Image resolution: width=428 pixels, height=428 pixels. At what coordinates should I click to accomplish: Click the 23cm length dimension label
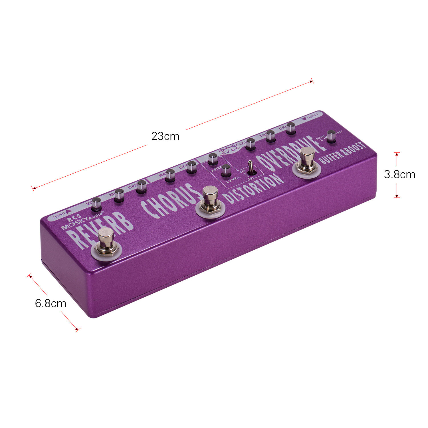(165, 136)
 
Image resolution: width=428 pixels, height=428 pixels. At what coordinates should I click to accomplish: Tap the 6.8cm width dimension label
(51, 303)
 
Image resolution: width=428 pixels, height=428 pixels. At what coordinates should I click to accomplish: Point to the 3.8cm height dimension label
(399, 174)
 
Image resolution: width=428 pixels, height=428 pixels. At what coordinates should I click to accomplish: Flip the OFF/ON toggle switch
(250, 168)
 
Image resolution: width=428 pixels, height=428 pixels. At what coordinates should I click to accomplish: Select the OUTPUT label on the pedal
(59, 217)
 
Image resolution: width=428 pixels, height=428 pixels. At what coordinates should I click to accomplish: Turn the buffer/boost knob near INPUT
(331, 136)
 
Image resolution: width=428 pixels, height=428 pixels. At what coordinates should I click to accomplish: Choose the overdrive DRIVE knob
(290, 128)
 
